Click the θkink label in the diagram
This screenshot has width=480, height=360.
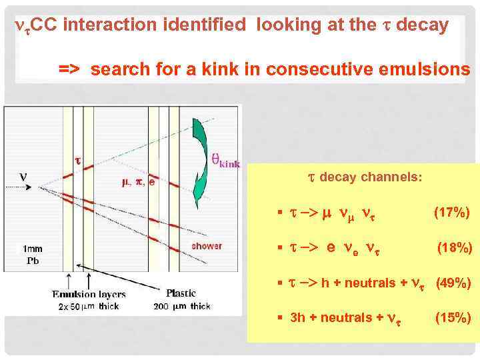(225, 160)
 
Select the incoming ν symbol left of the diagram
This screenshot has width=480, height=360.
(23, 177)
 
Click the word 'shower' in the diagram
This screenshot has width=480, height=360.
(207, 246)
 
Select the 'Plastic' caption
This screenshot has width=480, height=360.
(181, 294)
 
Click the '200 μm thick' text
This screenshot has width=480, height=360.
(181, 306)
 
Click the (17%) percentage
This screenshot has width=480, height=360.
(451, 213)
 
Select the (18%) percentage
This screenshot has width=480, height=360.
(454, 248)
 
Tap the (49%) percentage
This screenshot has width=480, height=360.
(453, 283)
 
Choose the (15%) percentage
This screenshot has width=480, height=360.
(453, 318)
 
